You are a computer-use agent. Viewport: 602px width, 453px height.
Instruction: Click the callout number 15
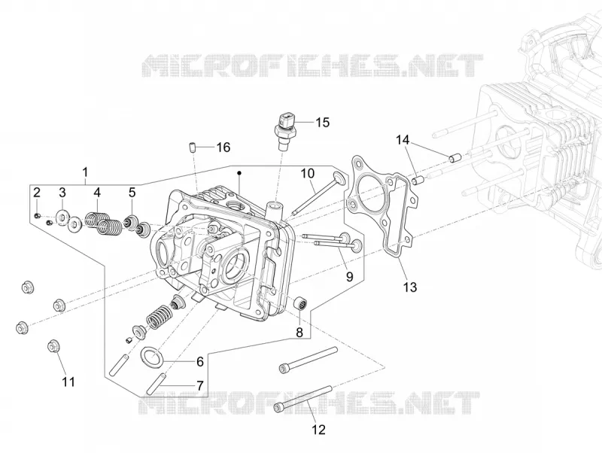tap(323, 123)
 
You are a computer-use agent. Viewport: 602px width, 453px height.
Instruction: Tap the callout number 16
tap(223, 147)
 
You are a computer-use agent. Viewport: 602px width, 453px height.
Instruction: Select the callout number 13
tap(410, 287)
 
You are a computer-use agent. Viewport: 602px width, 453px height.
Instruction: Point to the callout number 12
tap(318, 430)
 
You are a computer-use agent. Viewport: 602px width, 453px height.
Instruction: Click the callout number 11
tap(68, 382)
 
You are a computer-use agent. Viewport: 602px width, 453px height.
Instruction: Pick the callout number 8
tap(299, 333)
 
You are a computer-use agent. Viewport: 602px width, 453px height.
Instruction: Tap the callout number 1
tap(85, 172)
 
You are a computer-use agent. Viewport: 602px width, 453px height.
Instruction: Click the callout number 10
tap(307, 174)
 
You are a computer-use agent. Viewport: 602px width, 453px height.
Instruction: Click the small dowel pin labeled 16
tap(193, 147)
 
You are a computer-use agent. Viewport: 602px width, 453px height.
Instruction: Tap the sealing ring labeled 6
tap(154, 356)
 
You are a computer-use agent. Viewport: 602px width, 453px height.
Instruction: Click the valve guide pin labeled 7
tap(157, 384)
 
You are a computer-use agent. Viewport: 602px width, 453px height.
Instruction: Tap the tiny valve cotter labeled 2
tap(37, 216)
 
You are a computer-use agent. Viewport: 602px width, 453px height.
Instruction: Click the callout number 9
tap(349, 276)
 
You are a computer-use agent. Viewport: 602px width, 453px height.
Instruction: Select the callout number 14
tap(403, 140)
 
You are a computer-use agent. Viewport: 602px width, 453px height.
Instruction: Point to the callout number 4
tap(97, 193)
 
